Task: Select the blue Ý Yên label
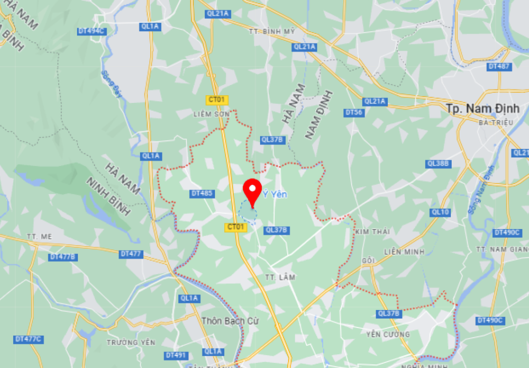[275, 195]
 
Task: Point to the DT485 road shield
[202, 194]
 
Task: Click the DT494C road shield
[92, 31]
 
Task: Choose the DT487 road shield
[499, 67]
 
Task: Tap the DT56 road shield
[354, 113]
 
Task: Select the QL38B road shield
[439, 164]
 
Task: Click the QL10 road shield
[440, 212]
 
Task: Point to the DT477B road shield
[63, 257]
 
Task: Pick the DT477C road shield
[28, 339]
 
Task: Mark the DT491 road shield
[176, 355]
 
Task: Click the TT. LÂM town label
[280, 277]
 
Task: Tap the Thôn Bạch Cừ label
[230, 321]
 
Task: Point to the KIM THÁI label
[373, 232]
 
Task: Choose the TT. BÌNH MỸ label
[271, 31]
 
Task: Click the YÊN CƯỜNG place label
[388, 334]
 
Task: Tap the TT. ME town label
[40, 237]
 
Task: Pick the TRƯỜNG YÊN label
[131, 343]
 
